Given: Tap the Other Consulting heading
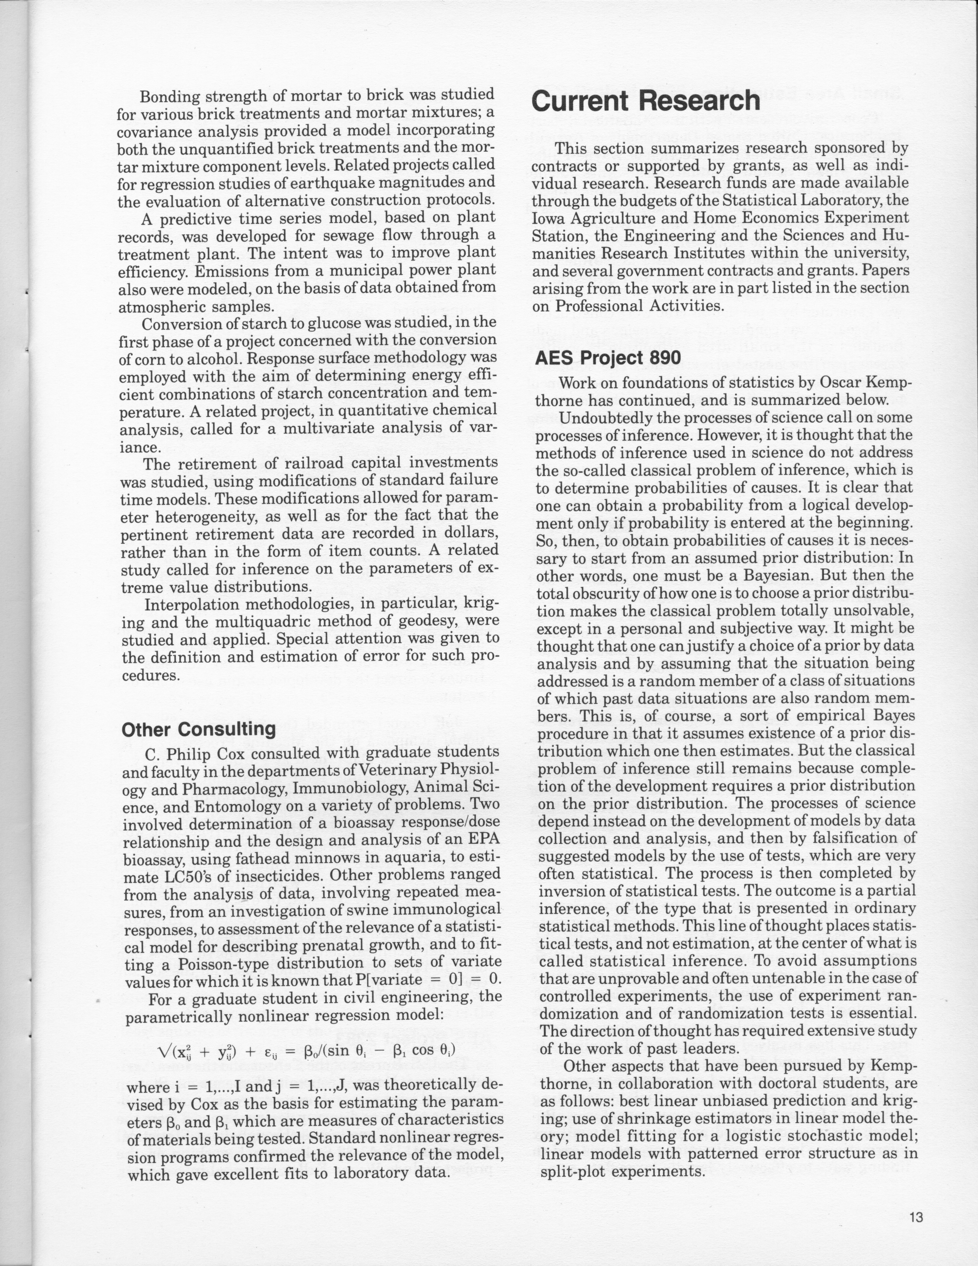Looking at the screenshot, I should click(x=199, y=729).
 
